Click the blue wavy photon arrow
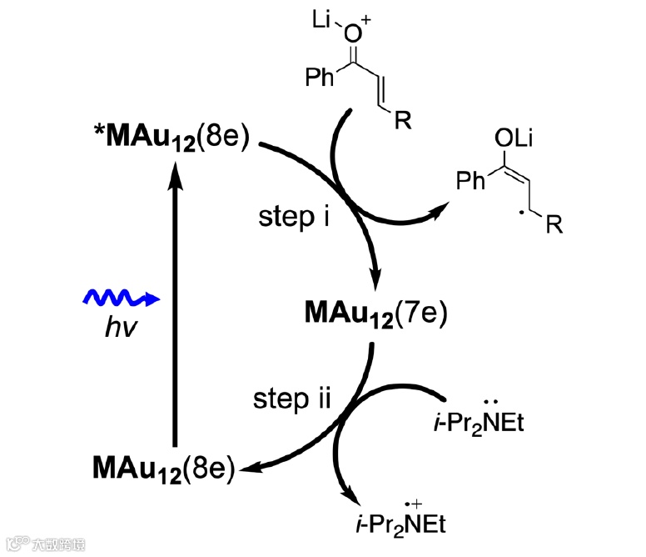point(120,298)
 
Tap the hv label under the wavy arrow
point(116,327)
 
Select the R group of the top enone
point(403,123)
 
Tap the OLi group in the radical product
point(512,139)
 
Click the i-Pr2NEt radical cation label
point(396,524)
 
